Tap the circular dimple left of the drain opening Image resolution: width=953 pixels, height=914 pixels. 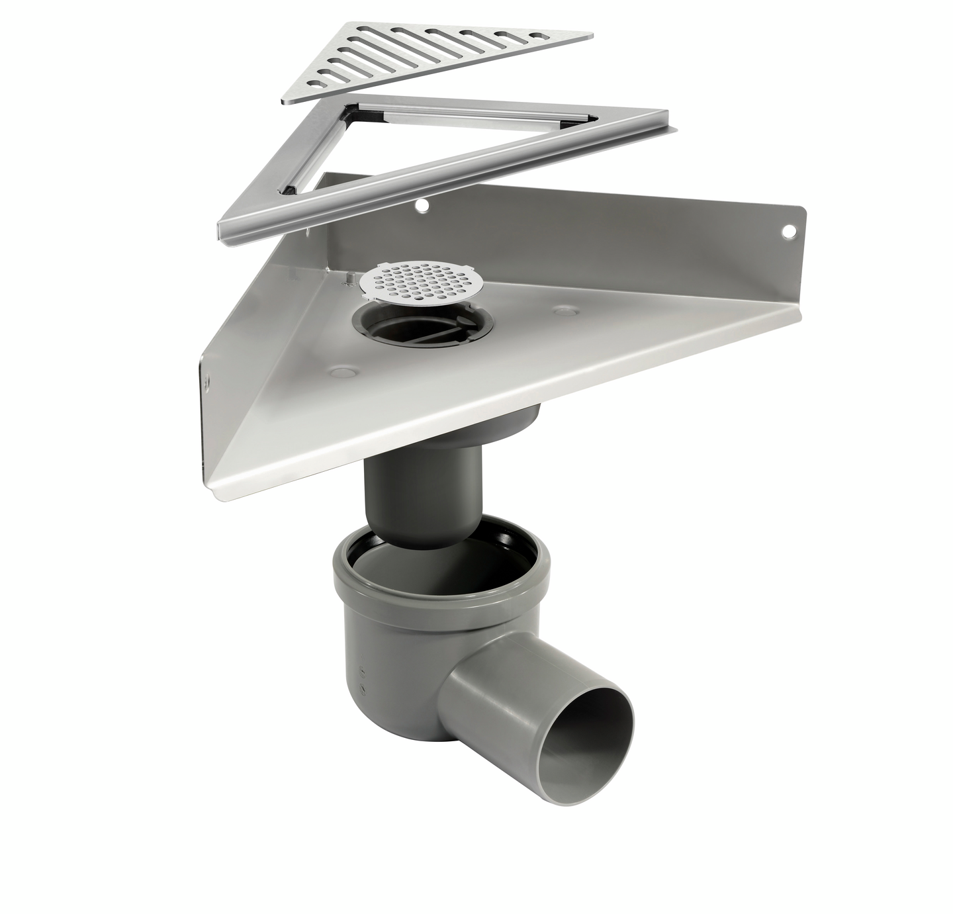(x=343, y=373)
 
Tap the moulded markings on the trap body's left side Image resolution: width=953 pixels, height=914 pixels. (x=361, y=680)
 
